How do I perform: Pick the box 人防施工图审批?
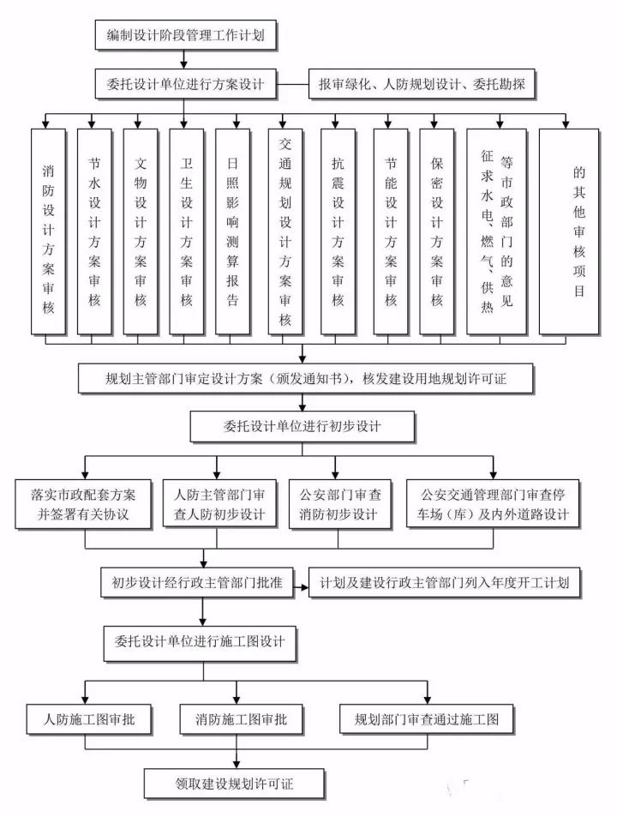point(84,718)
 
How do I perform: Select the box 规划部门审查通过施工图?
point(426,718)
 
